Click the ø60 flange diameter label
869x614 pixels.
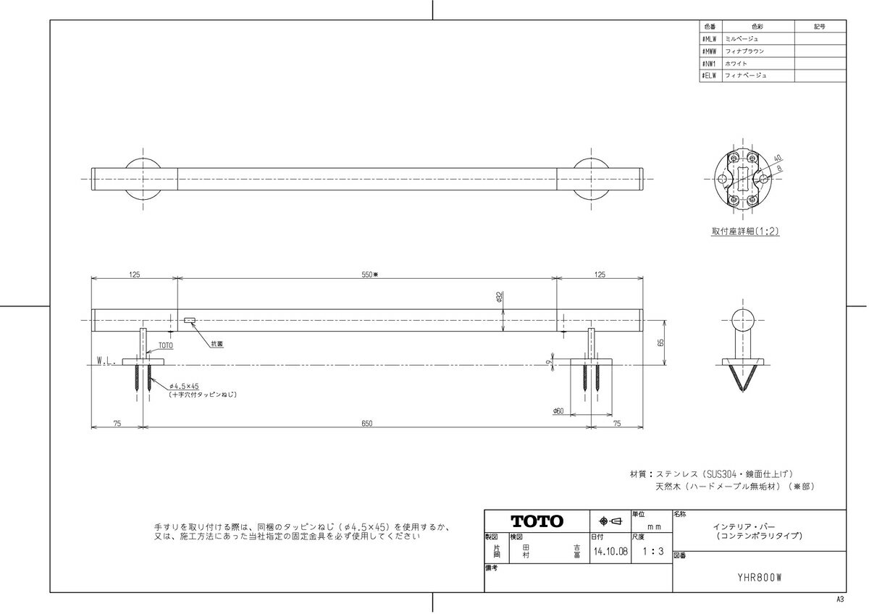(x=558, y=411)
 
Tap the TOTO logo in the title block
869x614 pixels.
(x=537, y=521)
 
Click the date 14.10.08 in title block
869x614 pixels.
(x=610, y=551)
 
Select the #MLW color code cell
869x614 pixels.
(x=710, y=38)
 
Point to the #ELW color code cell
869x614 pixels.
(x=710, y=75)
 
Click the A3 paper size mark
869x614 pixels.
(x=841, y=600)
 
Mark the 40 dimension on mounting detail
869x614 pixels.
(x=777, y=158)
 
